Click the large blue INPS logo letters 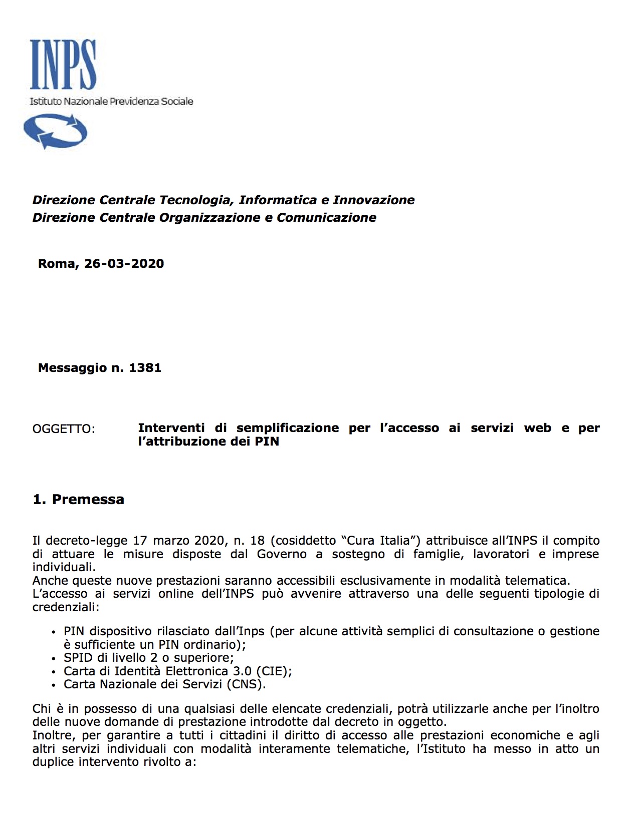[x=63, y=65]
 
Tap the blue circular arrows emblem [x=55, y=131]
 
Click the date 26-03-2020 [x=124, y=264]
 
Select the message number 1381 [x=145, y=368]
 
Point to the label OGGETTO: [x=64, y=430]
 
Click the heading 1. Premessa [x=78, y=500]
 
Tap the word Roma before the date [x=57, y=264]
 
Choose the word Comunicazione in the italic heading [x=326, y=218]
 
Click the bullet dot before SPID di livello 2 [x=54, y=659]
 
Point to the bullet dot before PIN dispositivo [x=54, y=632]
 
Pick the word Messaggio [x=73, y=368]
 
